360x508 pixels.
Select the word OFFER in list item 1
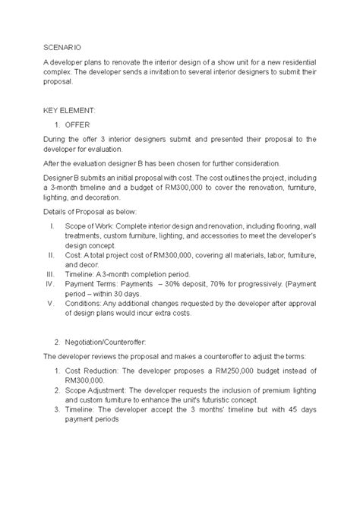pos(77,124)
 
